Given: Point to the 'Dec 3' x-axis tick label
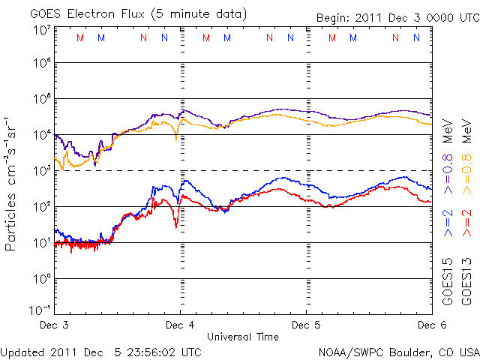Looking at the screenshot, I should click(54, 325).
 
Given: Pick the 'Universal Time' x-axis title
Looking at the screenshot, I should click(243, 336).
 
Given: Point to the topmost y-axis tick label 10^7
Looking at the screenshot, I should click(40, 30).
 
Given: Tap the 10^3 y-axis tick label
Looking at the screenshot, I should click(40, 171).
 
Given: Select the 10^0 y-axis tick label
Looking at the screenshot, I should click(40, 279).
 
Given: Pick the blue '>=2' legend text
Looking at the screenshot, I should click(448, 223).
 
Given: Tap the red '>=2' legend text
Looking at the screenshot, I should click(466, 223).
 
